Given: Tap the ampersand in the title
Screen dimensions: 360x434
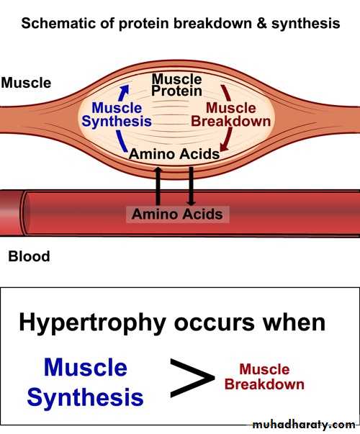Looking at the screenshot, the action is point(261,23).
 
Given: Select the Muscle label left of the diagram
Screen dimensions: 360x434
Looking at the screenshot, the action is point(27,83).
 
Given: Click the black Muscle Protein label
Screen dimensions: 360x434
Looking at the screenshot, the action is point(176,85).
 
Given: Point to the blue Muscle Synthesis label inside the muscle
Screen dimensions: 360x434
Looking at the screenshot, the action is point(117,114).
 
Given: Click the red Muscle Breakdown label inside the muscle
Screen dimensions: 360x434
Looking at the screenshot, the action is point(230,114).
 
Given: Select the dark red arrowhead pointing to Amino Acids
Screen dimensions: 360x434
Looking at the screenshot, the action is point(224,148).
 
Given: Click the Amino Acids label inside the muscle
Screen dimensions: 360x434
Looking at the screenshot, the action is point(174,154).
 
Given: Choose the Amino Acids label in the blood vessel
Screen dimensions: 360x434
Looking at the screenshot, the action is point(177,214).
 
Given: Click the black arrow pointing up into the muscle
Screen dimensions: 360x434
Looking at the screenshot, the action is point(158,186).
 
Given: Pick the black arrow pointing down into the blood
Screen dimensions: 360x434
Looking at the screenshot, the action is point(191,186).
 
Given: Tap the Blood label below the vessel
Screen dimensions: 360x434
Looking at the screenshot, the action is point(29,256).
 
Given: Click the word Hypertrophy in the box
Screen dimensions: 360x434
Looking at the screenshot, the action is point(92,323).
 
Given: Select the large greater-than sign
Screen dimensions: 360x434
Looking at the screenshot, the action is point(192,378).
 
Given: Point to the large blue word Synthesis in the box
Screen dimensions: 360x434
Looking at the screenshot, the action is point(85,397).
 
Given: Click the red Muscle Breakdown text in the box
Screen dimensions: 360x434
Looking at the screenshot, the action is point(264,376).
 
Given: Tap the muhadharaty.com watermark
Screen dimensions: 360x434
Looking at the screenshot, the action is point(304,424).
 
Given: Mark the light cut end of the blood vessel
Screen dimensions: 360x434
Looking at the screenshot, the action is point(11,213).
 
